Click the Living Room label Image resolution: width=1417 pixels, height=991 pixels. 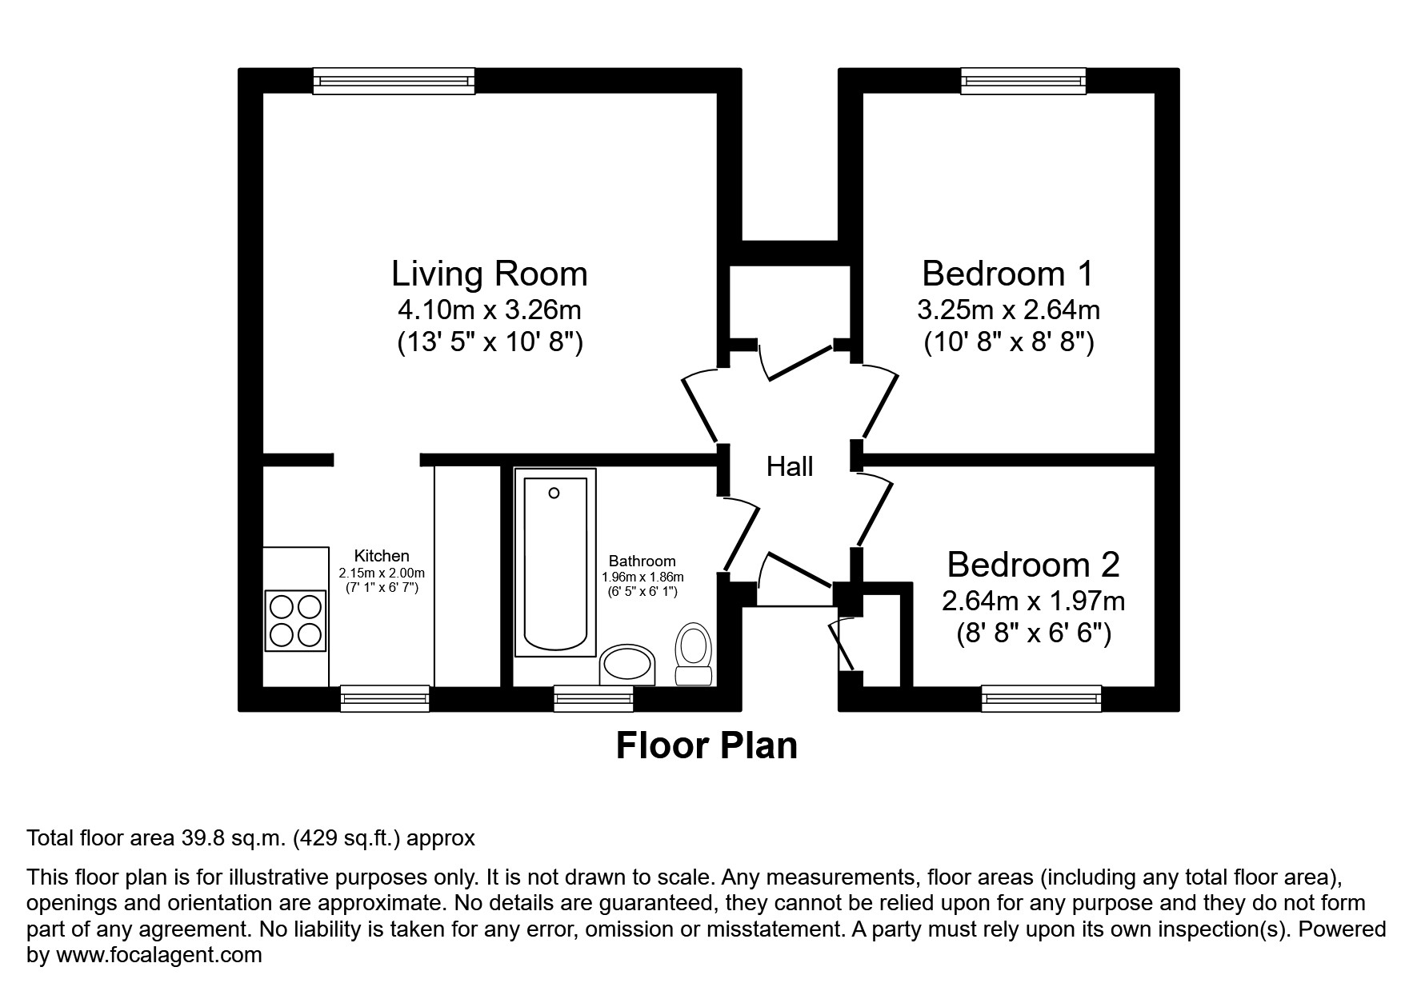[x=489, y=274]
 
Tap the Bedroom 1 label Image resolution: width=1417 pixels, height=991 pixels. [x=1007, y=274]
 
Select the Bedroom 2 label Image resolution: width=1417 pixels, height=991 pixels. [x=1033, y=565]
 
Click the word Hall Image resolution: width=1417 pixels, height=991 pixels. [x=790, y=467]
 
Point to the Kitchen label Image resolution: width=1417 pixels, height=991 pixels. [x=382, y=556]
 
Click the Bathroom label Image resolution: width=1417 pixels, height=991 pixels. [x=642, y=561]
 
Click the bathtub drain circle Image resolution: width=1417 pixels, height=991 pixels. [x=554, y=494]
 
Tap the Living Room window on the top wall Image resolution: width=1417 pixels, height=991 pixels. [x=394, y=81]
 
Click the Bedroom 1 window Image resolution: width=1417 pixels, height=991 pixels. [x=1023, y=81]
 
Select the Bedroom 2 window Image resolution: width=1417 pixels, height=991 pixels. [x=1041, y=698]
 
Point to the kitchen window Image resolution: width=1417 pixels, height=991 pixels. [x=385, y=698]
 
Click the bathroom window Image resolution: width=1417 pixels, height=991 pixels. [x=594, y=698]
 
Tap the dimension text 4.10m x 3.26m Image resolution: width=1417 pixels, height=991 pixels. [x=489, y=310]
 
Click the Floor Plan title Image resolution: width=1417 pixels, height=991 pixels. [x=706, y=746]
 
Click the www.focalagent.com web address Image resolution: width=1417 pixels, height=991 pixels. [x=158, y=954]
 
